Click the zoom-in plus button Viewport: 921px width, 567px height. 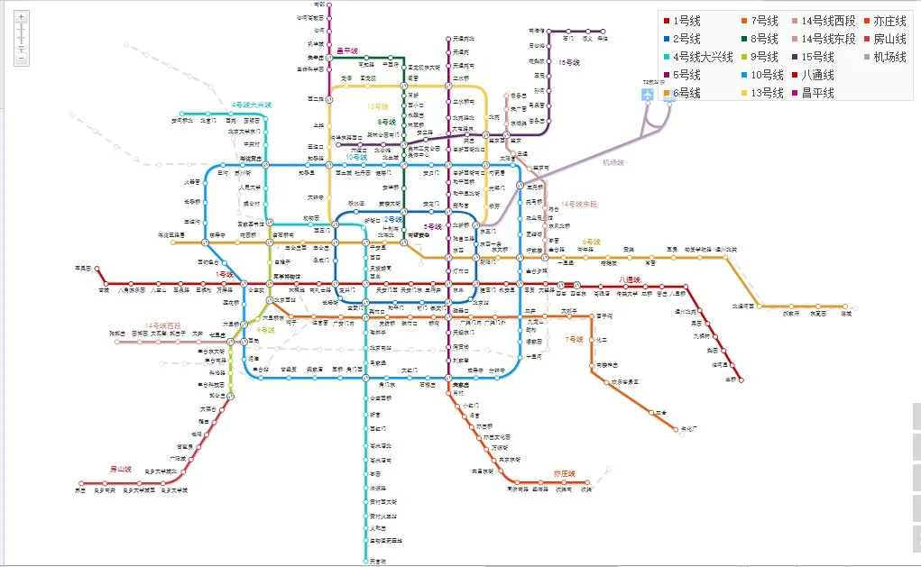[x=22, y=17]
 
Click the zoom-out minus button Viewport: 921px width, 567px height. [x=22, y=59]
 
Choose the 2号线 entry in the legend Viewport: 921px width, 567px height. [x=686, y=40]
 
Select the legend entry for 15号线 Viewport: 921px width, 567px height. [x=820, y=58]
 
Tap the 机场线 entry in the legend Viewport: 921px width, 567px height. [x=889, y=58]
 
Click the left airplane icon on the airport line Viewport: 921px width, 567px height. [x=648, y=95]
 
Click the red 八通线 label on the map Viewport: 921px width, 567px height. [x=631, y=280]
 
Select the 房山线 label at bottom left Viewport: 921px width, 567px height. [x=121, y=469]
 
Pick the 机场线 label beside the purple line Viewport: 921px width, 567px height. [x=613, y=163]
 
